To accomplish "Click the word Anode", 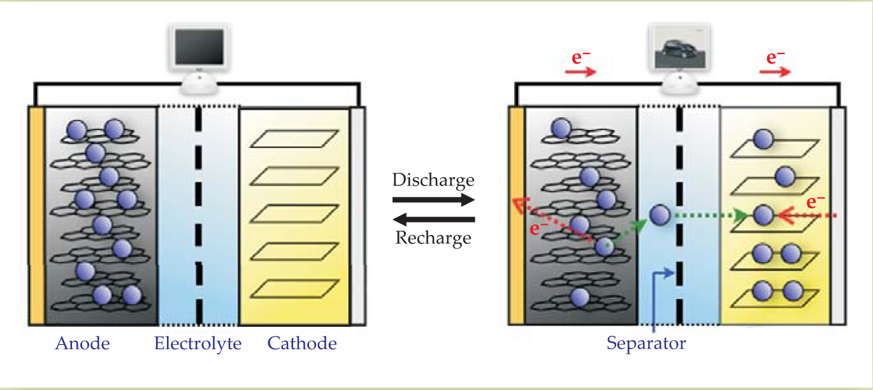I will [x=82, y=344].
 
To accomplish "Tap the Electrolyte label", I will [x=198, y=344].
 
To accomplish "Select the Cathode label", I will [x=301, y=344].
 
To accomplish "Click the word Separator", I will [x=646, y=344].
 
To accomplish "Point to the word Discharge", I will [x=433, y=180].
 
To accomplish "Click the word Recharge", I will [x=433, y=238].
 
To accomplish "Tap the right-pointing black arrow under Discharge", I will [x=433, y=199].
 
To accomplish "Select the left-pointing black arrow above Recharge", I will [x=433, y=220].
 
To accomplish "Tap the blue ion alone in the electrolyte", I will [x=661, y=214].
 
